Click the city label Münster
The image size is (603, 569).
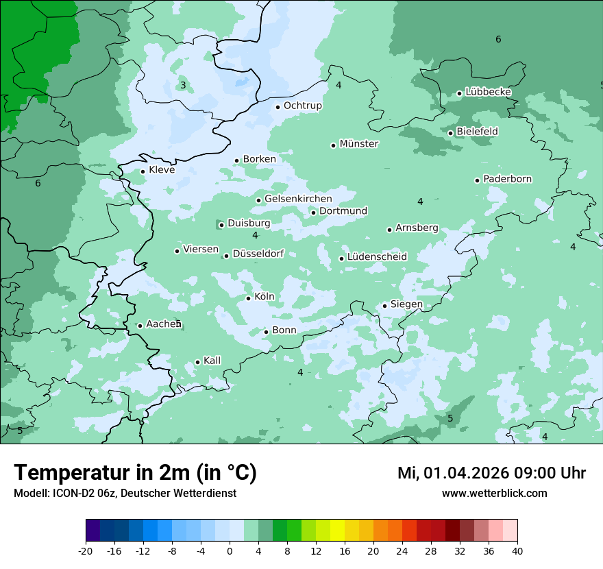[x=359, y=144]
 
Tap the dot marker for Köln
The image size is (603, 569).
[x=248, y=298]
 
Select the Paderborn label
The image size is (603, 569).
[x=508, y=179]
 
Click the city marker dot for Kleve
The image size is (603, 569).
[x=143, y=171]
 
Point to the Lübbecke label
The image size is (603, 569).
[x=489, y=92]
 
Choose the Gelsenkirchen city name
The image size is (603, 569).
[x=298, y=199]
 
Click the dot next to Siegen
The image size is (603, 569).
[x=385, y=306]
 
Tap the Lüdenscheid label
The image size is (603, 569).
[x=377, y=257]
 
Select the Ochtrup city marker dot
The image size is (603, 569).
[x=278, y=107]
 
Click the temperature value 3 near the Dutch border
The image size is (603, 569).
[x=183, y=86]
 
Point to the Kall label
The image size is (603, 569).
[x=212, y=361]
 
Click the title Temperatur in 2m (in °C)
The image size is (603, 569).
[x=136, y=473]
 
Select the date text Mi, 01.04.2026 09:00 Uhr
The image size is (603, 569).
[x=491, y=473]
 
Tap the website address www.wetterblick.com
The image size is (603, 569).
[x=494, y=494]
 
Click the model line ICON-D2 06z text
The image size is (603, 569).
[x=125, y=494]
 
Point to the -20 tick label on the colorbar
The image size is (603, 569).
[x=86, y=550]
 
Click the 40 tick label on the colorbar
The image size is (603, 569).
[x=517, y=550]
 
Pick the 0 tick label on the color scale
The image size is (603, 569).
[x=230, y=550]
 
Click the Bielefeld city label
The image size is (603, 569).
[x=477, y=131]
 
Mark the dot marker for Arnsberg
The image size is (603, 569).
[x=389, y=230]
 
